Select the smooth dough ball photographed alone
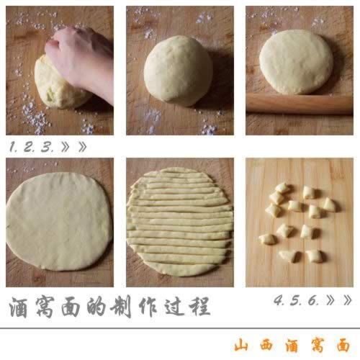(179, 71)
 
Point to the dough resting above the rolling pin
(296, 61)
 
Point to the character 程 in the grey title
(199, 306)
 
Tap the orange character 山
(243, 344)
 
